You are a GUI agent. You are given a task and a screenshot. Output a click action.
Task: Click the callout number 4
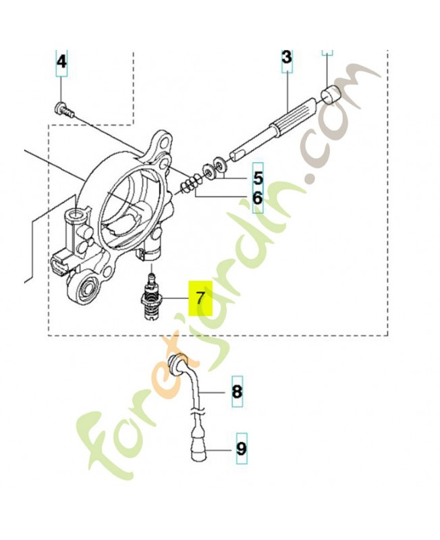pyautogui.click(x=61, y=62)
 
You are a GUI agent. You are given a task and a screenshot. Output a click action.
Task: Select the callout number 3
pyautogui.click(x=287, y=57)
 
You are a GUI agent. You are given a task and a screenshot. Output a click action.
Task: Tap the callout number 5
pyautogui.click(x=258, y=178)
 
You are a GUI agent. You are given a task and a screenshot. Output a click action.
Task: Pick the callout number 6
pyautogui.click(x=258, y=198)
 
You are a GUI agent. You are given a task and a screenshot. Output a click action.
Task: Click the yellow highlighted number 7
pyautogui.click(x=200, y=298)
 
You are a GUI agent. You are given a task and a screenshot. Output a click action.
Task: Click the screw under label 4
pyautogui.click(x=64, y=110)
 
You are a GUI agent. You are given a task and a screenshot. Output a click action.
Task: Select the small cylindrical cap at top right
pyautogui.click(x=331, y=94)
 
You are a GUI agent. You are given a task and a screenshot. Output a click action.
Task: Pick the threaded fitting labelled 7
pyautogui.click(x=150, y=298)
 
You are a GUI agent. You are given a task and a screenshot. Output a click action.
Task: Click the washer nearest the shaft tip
pyautogui.click(x=219, y=163)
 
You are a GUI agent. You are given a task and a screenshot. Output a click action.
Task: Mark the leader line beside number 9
pyautogui.click(x=221, y=450)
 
